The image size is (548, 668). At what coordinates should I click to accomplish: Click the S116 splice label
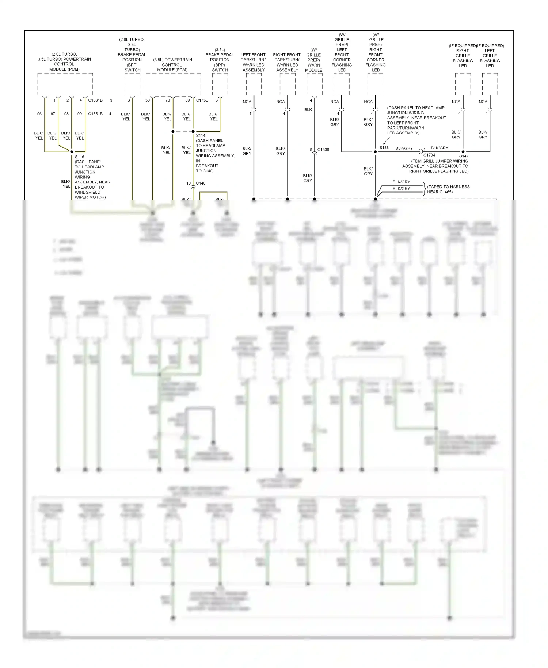(x=80, y=157)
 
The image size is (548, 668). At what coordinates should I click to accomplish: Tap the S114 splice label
(x=201, y=136)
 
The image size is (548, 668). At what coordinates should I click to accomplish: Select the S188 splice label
(x=384, y=148)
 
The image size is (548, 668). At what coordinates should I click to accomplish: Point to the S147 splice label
(x=464, y=156)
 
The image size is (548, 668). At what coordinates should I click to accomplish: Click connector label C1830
(x=323, y=149)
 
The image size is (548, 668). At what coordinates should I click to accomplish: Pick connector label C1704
(x=429, y=155)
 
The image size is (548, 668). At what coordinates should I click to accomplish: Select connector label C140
(x=201, y=183)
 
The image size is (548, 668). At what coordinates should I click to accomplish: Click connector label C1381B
(x=95, y=100)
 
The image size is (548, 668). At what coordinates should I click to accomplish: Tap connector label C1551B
(x=95, y=114)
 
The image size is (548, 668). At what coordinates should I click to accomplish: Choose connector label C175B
(x=202, y=100)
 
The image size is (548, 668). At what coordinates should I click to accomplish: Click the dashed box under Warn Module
(x=314, y=84)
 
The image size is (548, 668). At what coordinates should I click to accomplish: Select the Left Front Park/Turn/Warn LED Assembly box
(x=254, y=84)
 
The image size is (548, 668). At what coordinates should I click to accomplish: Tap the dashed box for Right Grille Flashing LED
(x=463, y=84)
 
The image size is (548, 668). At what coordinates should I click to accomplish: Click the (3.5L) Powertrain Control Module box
(x=173, y=84)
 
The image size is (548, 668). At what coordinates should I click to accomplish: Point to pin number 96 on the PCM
(x=39, y=114)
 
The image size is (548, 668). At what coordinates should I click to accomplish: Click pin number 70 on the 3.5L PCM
(x=167, y=100)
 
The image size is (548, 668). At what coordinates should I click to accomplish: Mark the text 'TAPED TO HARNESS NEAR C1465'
(x=448, y=189)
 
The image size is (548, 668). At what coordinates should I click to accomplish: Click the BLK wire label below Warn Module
(x=308, y=110)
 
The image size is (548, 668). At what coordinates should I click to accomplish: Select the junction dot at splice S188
(x=375, y=152)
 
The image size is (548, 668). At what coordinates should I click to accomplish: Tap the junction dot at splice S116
(x=72, y=152)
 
